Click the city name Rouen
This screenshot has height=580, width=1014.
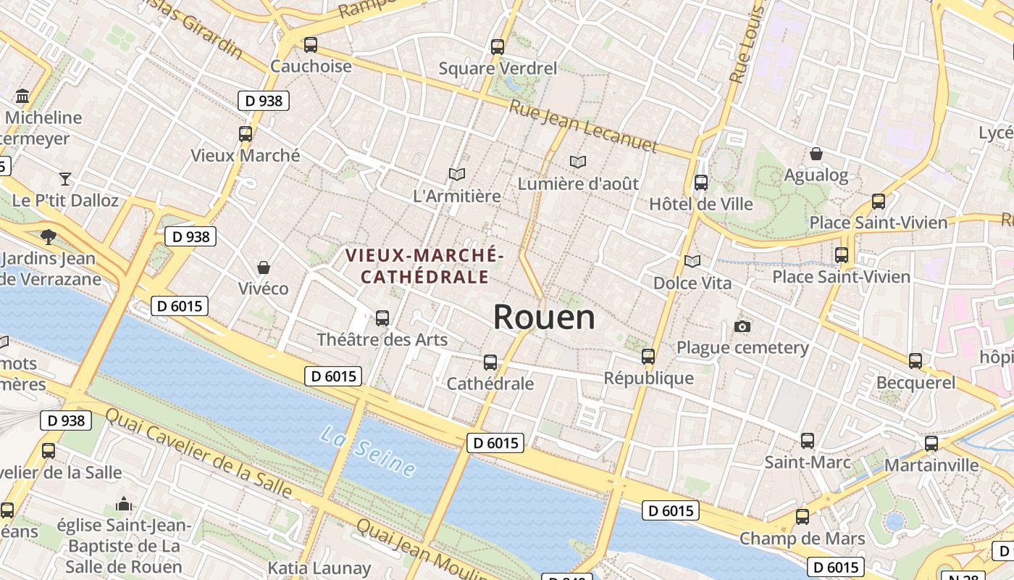(x=544, y=318)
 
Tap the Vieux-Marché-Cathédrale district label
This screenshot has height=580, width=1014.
(x=424, y=266)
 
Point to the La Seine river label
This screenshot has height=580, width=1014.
(x=368, y=451)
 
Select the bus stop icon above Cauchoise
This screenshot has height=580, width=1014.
(x=311, y=45)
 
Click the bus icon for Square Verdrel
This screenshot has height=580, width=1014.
(x=497, y=47)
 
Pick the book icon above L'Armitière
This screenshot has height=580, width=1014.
(x=456, y=174)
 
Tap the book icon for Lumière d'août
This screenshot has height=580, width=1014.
(x=577, y=162)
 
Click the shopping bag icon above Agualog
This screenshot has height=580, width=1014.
(x=816, y=154)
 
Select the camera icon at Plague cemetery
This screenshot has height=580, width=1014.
(x=742, y=326)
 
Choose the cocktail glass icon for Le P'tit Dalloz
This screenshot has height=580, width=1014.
(x=65, y=178)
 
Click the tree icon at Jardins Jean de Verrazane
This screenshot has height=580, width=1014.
(x=49, y=236)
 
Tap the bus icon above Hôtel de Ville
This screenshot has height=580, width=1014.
(x=700, y=183)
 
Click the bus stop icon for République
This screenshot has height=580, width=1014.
(x=648, y=357)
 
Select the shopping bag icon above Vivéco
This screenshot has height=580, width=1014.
(x=264, y=268)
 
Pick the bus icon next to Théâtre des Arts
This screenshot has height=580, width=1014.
(x=382, y=318)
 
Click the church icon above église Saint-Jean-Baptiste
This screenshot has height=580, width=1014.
(x=124, y=504)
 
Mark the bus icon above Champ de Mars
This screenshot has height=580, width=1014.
(x=802, y=517)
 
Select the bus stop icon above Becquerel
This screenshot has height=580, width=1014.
(x=915, y=361)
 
